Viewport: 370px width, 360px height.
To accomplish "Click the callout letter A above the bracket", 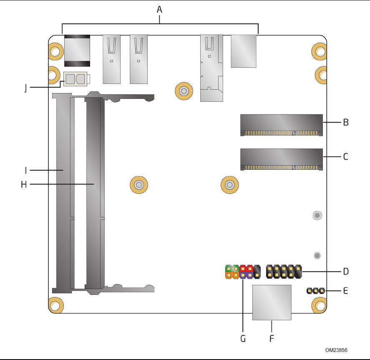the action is (x=159, y=10).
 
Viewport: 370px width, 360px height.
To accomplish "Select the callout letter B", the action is (x=346, y=123).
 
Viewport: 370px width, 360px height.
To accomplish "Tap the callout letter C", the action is (x=346, y=157).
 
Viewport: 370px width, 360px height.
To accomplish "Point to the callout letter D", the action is (x=346, y=272).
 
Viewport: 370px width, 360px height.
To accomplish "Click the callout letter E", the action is (x=345, y=291).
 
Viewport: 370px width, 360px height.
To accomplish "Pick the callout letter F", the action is (x=272, y=339).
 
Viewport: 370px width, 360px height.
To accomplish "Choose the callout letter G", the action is (x=243, y=339).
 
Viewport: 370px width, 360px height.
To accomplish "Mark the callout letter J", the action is (x=25, y=88).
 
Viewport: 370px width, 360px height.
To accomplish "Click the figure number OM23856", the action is (x=336, y=350).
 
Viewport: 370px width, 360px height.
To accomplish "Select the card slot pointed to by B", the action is (x=282, y=125).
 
